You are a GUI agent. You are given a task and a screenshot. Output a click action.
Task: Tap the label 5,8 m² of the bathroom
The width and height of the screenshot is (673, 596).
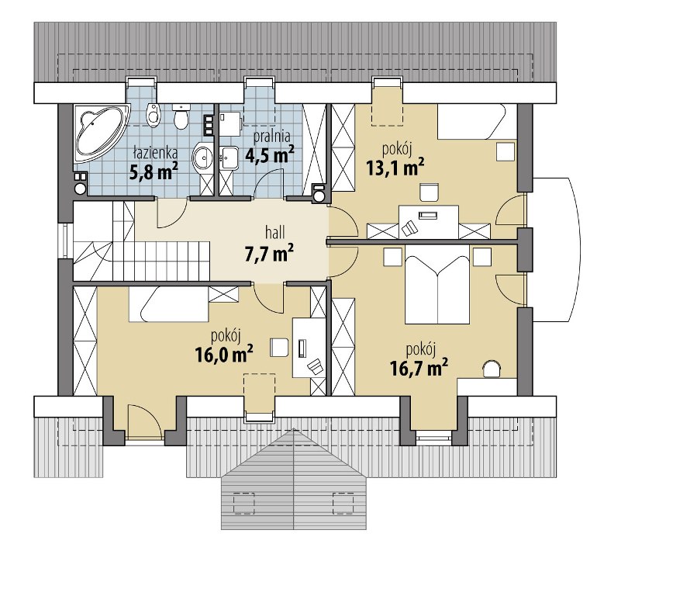[154, 172]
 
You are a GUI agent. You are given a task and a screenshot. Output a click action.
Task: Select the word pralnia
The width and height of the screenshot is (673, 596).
[271, 137]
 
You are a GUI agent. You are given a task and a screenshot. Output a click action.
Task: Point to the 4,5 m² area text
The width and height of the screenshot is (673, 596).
[270, 154]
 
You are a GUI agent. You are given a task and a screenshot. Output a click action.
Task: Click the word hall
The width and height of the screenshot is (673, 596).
[274, 233]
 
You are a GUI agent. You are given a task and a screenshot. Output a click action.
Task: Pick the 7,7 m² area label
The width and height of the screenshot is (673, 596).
[269, 253]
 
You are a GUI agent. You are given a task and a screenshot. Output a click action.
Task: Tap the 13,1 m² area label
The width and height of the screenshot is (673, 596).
[395, 167]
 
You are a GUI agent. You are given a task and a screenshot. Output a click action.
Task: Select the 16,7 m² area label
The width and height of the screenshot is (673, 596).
[419, 368]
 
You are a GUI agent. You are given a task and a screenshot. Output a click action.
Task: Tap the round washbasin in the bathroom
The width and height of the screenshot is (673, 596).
[202, 158]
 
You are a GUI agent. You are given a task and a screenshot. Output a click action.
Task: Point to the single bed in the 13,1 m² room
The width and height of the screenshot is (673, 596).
[477, 121]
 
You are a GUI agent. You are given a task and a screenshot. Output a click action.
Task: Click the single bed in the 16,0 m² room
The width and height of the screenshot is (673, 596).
[169, 304]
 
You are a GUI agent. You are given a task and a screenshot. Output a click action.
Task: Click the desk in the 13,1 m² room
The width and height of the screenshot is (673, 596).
[429, 222]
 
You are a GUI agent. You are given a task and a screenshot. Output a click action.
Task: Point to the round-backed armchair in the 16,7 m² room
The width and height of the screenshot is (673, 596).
[492, 369]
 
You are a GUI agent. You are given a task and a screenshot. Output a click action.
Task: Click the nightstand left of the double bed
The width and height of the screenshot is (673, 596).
[393, 257]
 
